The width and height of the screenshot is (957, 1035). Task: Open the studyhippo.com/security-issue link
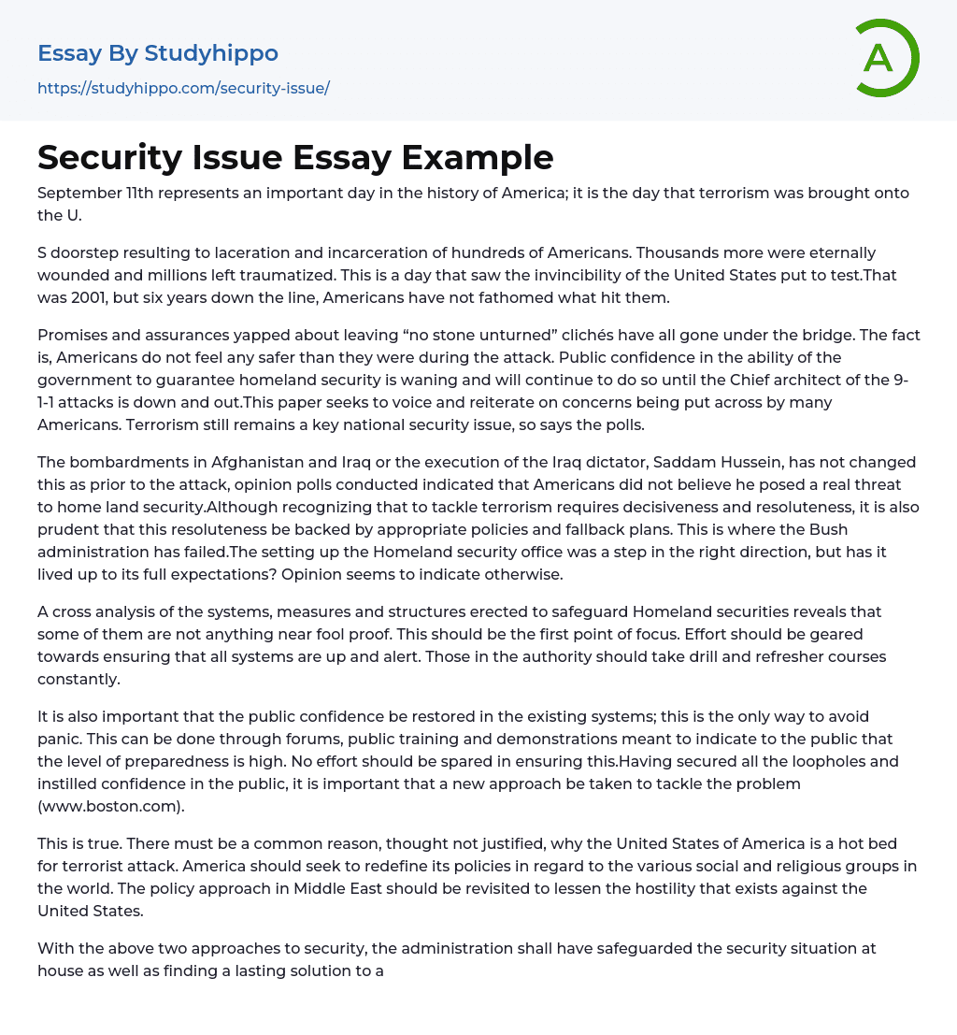pos(183,88)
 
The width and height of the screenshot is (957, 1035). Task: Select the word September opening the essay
pos(80,193)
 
